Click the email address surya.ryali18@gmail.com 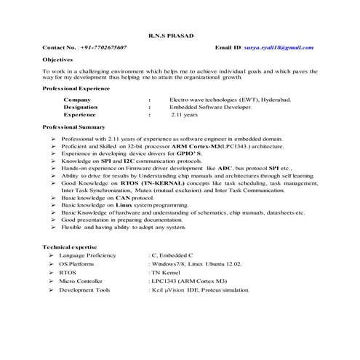click(x=278, y=47)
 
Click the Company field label click(x=77, y=99)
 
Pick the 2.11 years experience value click(x=184, y=115)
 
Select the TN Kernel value click(x=167, y=273)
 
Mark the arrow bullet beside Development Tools click(x=48, y=290)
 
